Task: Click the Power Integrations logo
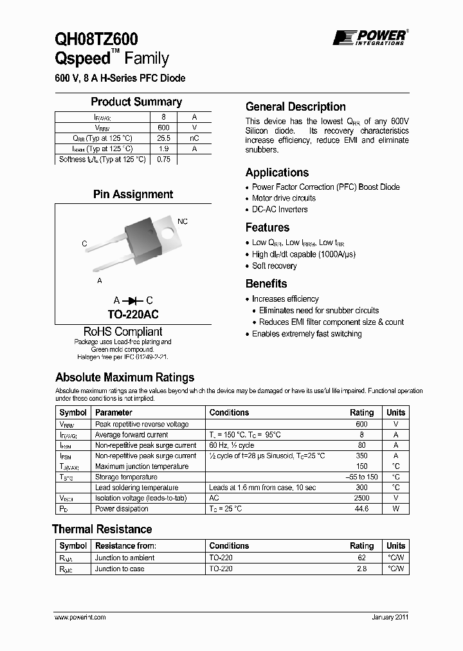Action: tap(369, 37)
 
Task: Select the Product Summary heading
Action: tap(136, 102)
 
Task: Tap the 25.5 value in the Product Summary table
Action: tap(163, 138)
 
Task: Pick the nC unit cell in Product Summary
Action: tap(194, 138)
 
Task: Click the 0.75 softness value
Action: tap(163, 160)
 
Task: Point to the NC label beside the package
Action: tap(183, 221)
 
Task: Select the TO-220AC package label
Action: tap(133, 315)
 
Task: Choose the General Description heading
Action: tap(296, 107)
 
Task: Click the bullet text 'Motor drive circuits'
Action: tap(284, 198)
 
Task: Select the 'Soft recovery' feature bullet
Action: tap(274, 266)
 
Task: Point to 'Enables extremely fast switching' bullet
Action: tap(307, 334)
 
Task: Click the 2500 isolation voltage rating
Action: tap(361, 498)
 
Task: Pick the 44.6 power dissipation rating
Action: tap(361, 509)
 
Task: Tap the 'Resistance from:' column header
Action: tap(125, 546)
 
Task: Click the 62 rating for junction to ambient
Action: tap(361, 558)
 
